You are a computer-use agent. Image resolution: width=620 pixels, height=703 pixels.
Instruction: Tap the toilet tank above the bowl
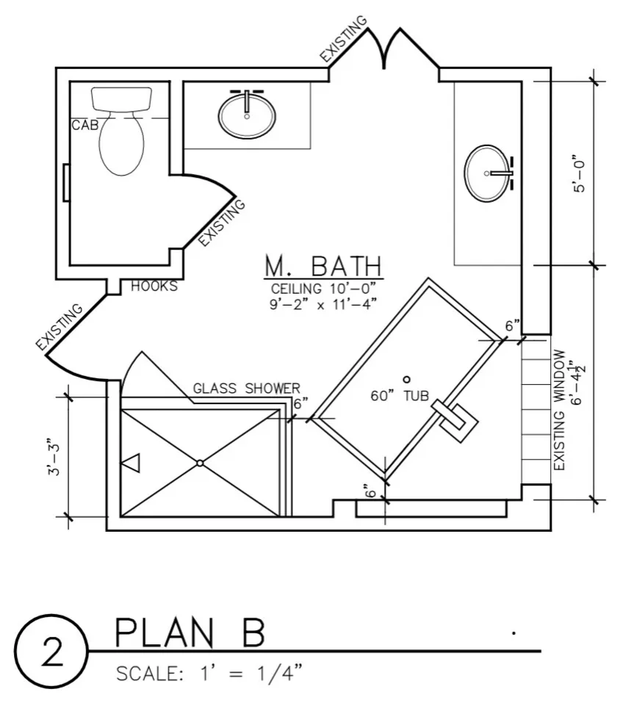pyautogui.click(x=121, y=99)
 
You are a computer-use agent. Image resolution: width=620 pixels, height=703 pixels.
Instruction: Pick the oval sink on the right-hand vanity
pyautogui.click(x=487, y=173)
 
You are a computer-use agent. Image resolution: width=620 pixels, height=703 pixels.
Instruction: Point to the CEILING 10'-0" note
pyautogui.click(x=321, y=288)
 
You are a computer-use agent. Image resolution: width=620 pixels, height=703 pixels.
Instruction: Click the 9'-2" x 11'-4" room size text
pyautogui.click(x=322, y=304)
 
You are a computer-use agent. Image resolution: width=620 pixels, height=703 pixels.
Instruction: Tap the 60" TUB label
pyautogui.click(x=400, y=396)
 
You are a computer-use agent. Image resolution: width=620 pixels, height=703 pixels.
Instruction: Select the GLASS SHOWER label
pyautogui.click(x=246, y=389)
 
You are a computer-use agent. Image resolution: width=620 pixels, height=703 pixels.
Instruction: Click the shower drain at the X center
pyautogui.click(x=200, y=463)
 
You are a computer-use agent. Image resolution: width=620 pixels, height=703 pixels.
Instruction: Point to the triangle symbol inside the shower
pyautogui.click(x=131, y=463)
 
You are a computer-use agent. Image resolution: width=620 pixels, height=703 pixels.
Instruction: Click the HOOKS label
pyautogui.click(x=154, y=286)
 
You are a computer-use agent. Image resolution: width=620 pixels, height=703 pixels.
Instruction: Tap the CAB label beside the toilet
pyautogui.click(x=84, y=125)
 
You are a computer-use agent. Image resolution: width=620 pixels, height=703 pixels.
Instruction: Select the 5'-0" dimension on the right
pyautogui.click(x=579, y=174)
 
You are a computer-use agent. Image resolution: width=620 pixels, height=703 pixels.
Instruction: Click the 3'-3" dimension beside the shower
pyautogui.click(x=54, y=456)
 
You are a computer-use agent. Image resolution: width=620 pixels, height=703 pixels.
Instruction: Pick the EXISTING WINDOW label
pyautogui.click(x=560, y=410)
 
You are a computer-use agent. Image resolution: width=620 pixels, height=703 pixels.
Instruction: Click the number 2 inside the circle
pyautogui.click(x=52, y=652)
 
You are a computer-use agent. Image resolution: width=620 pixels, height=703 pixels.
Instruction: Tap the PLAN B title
pyautogui.click(x=190, y=632)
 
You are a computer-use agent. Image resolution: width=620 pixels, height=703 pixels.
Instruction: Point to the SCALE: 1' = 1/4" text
pyautogui.click(x=209, y=674)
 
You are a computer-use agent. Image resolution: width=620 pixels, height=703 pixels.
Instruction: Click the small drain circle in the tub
pyautogui.click(x=407, y=380)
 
